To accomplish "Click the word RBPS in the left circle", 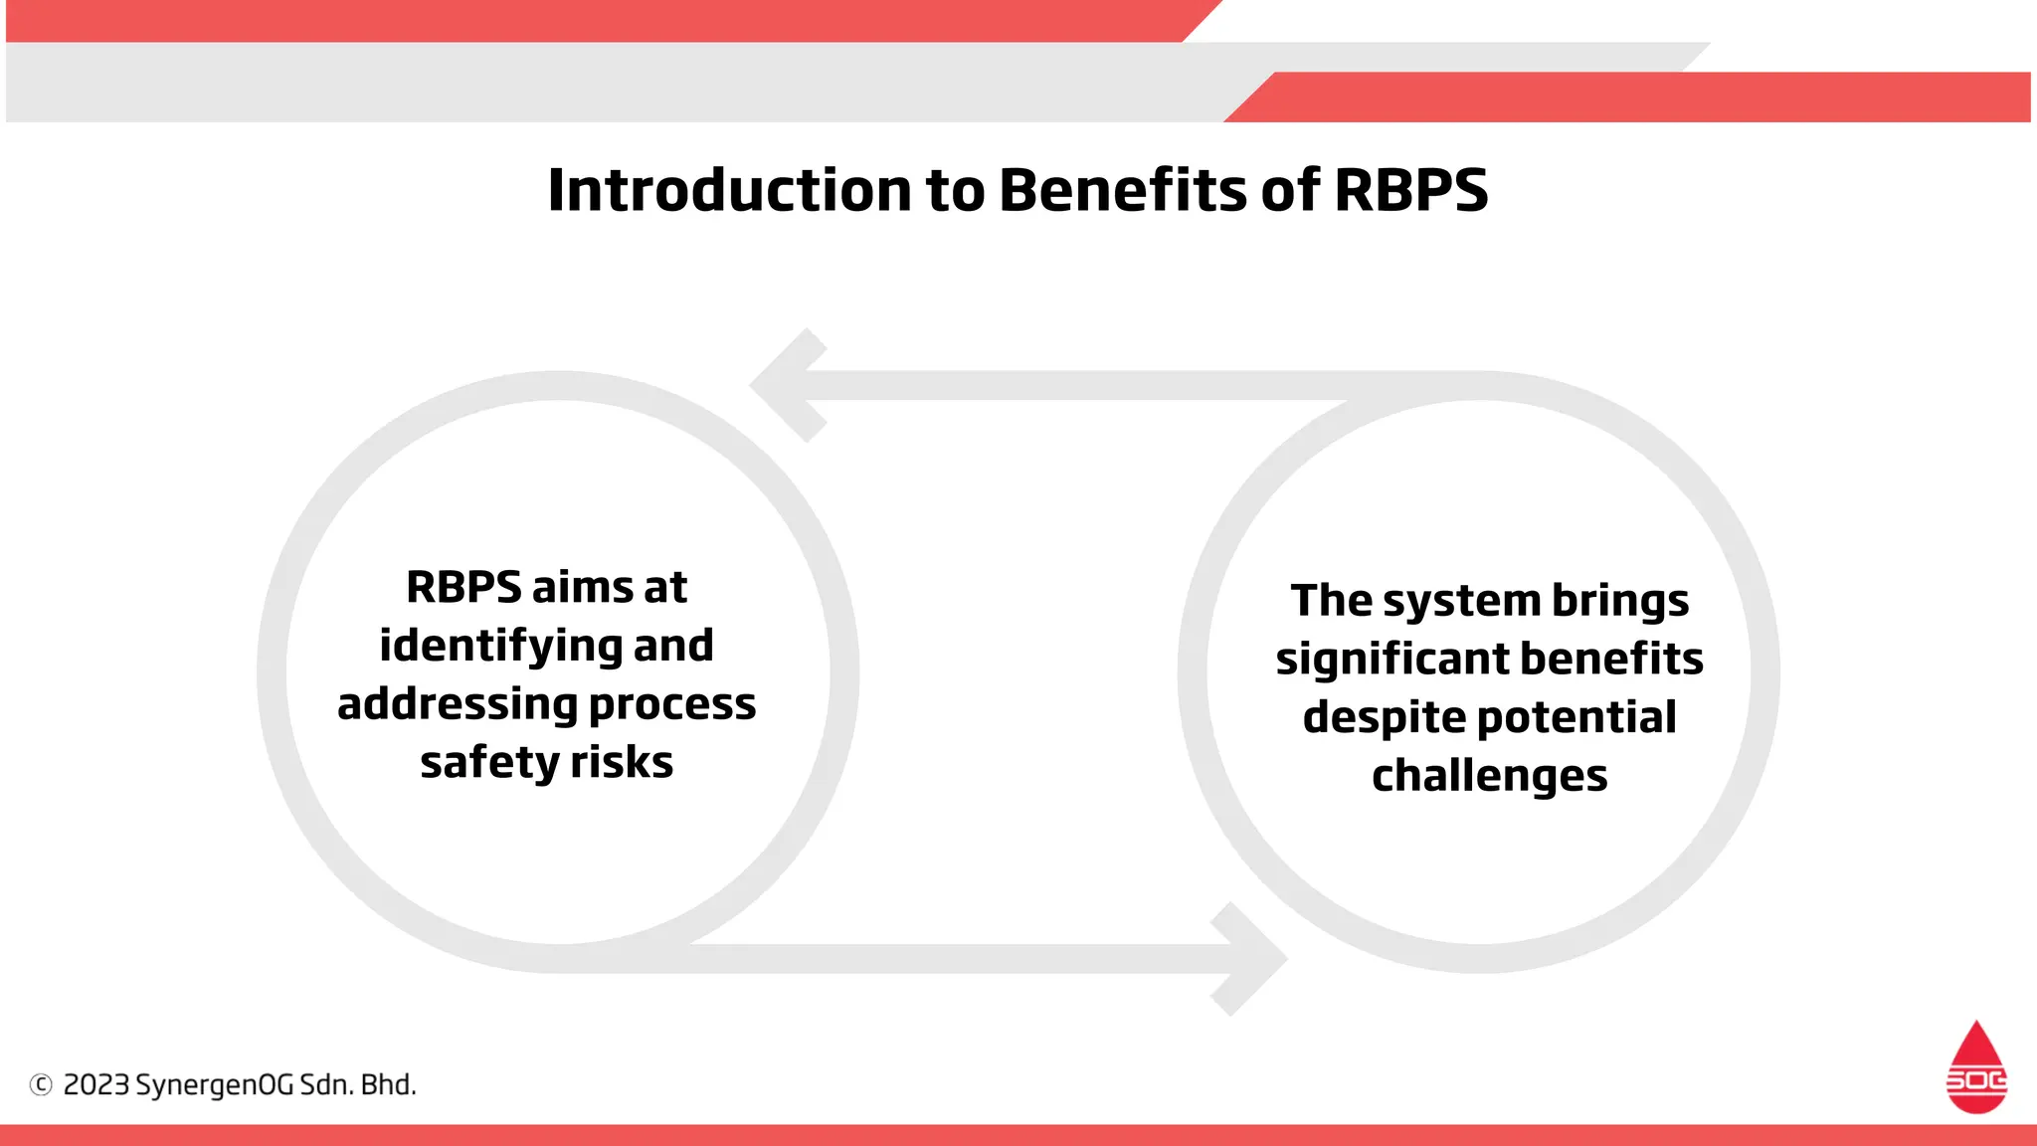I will [x=463, y=587].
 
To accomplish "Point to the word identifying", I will [x=499, y=647].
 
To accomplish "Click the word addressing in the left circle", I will [x=457, y=704].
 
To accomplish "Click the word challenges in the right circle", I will [x=1489, y=776].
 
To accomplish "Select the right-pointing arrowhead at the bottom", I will [x=1249, y=959].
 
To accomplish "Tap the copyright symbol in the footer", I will [x=41, y=1084].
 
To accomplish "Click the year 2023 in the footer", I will [x=96, y=1084].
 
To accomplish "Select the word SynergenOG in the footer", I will [x=214, y=1085].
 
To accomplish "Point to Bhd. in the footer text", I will [x=388, y=1084].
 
